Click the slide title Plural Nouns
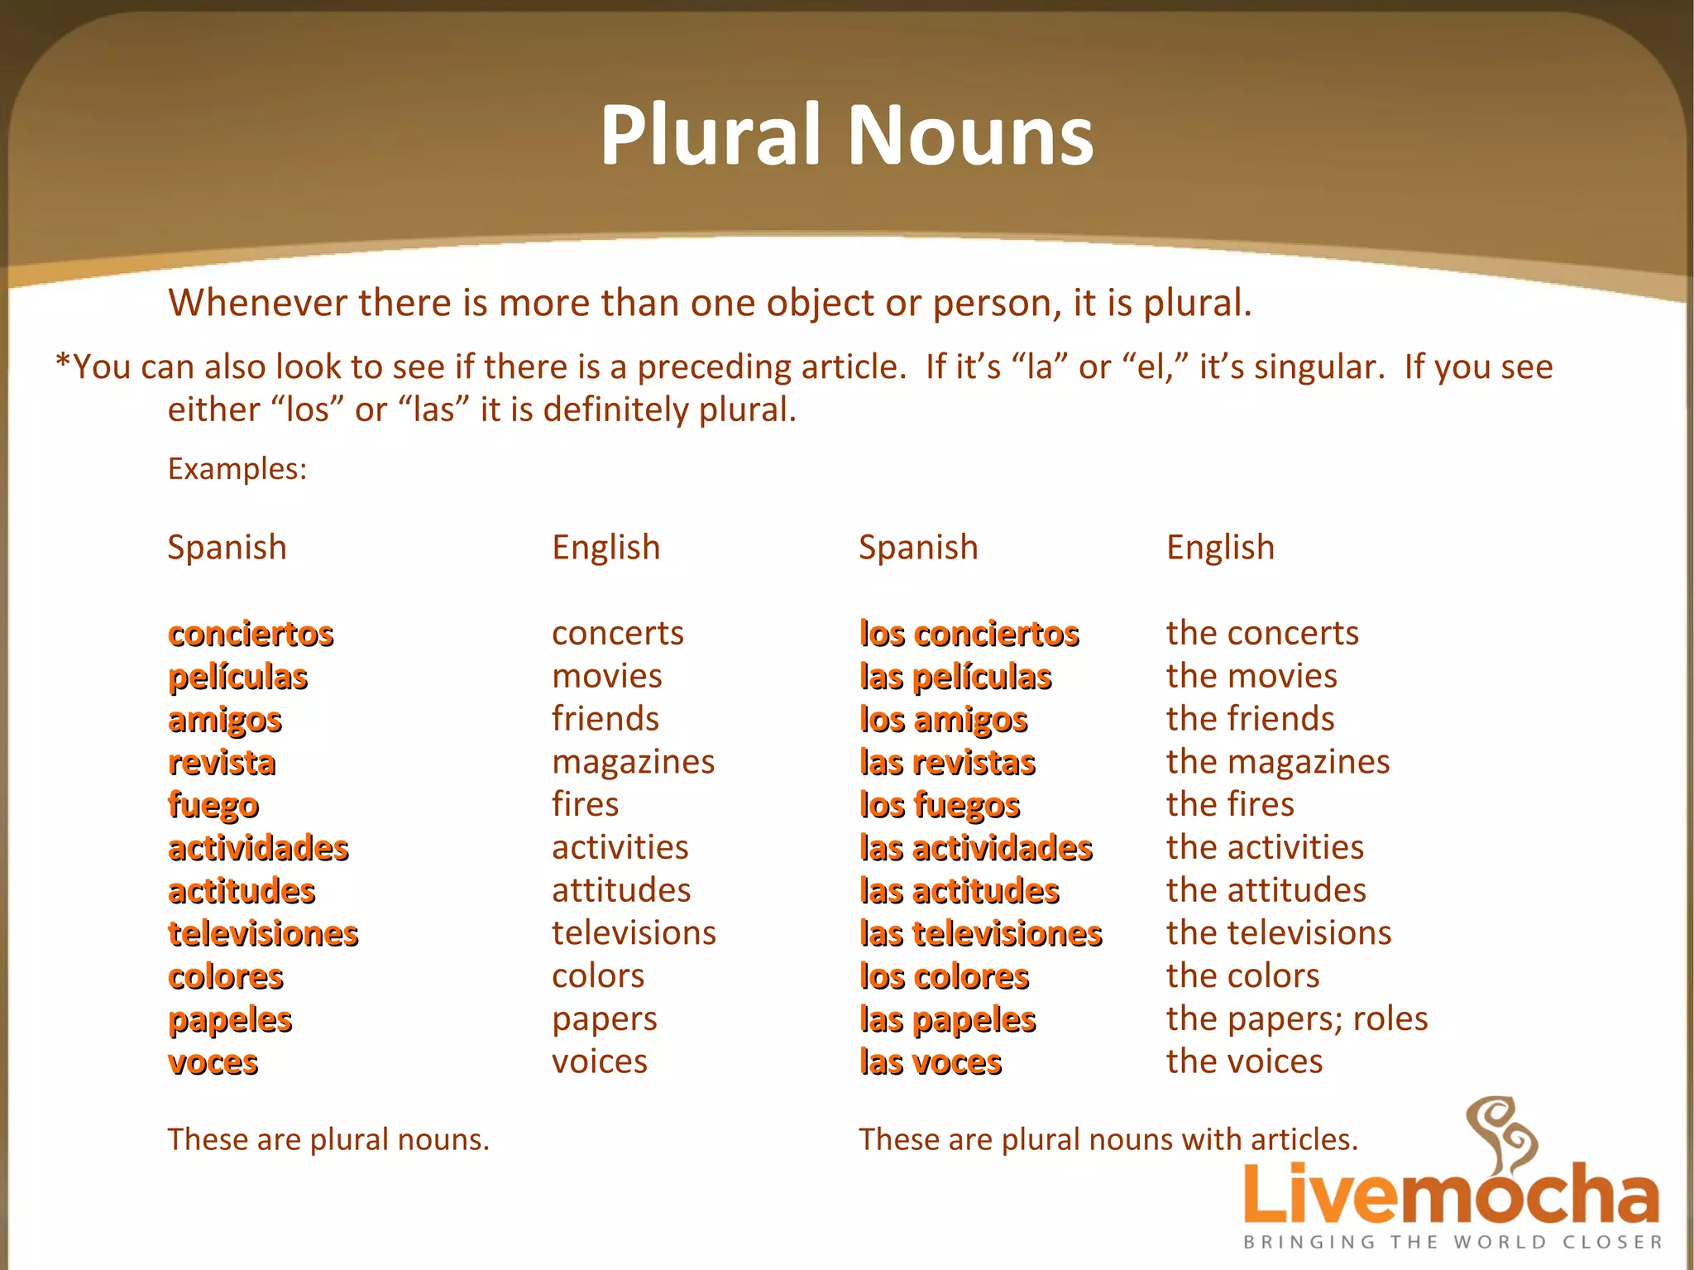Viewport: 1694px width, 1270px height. click(x=846, y=135)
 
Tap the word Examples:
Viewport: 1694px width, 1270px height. click(x=237, y=469)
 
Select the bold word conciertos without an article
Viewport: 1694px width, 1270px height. click(x=251, y=634)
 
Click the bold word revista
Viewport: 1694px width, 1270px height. click(x=222, y=762)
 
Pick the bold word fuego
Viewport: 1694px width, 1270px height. click(x=213, y=805)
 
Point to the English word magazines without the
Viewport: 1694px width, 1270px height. click(x=633, y=762)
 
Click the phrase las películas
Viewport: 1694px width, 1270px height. click(x=955, y=677)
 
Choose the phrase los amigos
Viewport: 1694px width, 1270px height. click(x=943, y=720)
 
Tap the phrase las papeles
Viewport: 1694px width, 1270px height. click(x=947, y=1019)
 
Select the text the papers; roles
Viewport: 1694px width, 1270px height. click(x=1296, y=1018)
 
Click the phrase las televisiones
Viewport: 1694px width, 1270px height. click(x=980, y=933)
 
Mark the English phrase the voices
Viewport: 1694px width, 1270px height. click(x=1244, y=1062)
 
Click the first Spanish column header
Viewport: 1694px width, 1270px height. click(x=227, y=548)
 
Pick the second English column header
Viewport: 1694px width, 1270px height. click(x=1220, y=548)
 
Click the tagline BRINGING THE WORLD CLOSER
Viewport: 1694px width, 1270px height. click(x=1452, y=1242)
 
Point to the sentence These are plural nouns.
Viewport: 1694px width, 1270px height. click(x=328, y=1139)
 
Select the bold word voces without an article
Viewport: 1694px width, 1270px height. click(x=213, y=1062)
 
